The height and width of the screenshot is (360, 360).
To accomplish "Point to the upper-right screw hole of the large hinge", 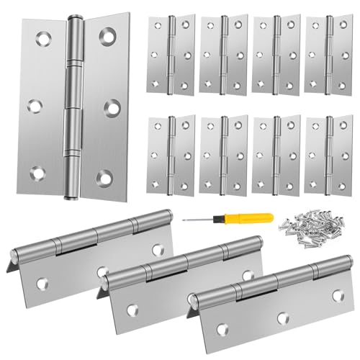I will (108, 35).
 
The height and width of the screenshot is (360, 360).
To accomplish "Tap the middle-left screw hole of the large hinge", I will (34, 106).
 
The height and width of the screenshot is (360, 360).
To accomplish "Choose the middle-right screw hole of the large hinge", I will (111, 107).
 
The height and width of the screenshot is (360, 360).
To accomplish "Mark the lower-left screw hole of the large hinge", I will (37, 173).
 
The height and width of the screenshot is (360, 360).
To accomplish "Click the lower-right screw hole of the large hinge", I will (105, 176).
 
